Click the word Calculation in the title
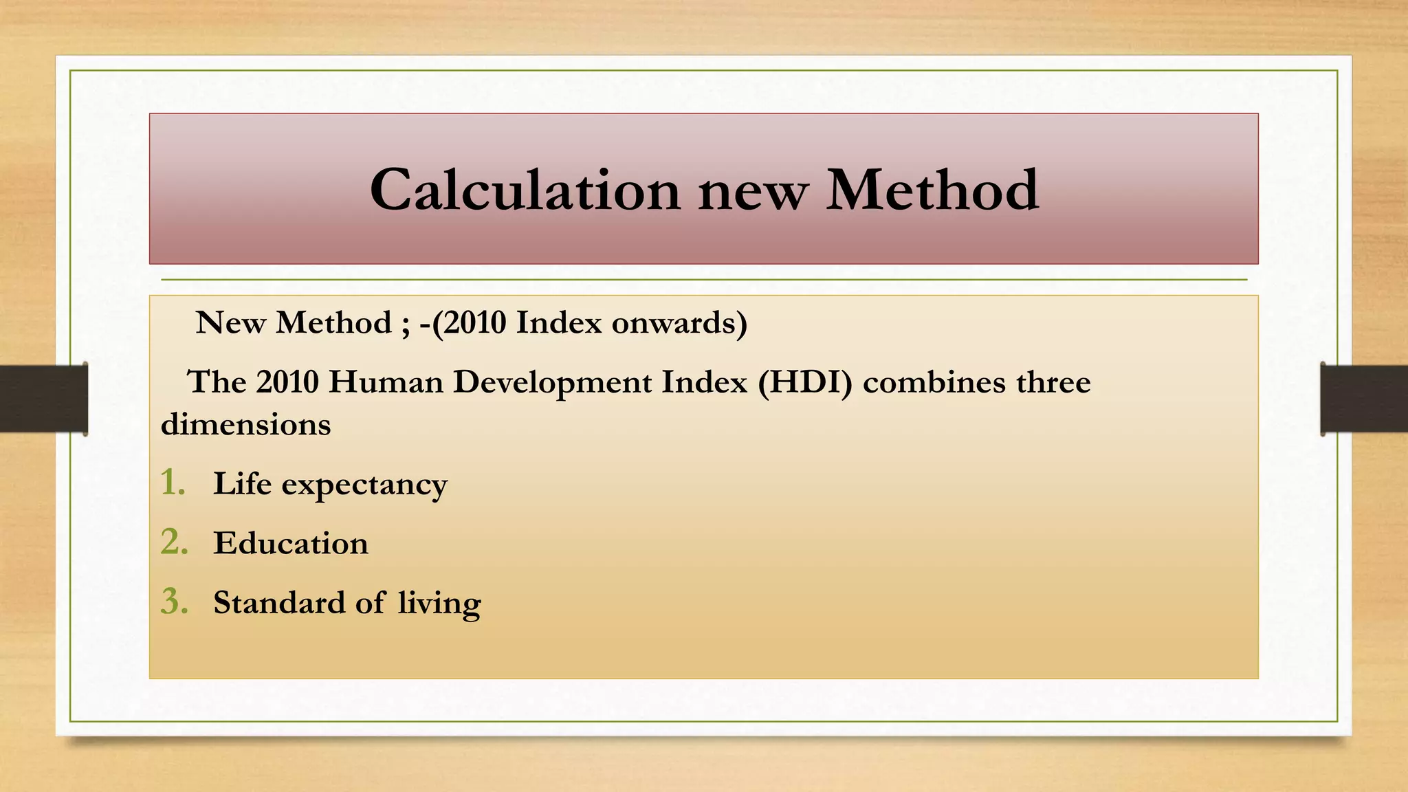pos(525,190)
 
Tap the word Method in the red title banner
pos(932,190)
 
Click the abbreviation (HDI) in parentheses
pos(805,382)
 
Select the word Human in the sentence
pos(386,382)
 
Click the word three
pos(1053,382)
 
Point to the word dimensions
pos(245,424)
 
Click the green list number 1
pos(173,483)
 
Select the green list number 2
pos(174,542)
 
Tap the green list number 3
pos(174,602)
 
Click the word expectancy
pos(364,485)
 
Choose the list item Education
pos(291,543)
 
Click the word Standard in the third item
pos(279,602)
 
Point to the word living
pos(439,604)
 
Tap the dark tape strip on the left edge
pos(43,399)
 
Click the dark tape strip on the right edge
pos(1364,399)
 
